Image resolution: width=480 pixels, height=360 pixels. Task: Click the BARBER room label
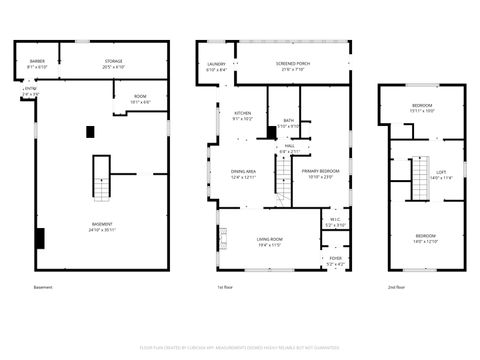coord(37,61)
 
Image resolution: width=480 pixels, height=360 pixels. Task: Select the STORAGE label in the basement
coord(113,61)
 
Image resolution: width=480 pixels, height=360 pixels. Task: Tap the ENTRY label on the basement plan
coord(30,89)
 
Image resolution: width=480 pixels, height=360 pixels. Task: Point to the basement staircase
coord(101,178)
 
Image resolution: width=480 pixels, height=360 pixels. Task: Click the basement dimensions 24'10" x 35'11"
coord(102,230)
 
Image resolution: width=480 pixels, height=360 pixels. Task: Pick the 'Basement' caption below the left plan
coord(42,287)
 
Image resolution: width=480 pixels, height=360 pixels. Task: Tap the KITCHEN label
coord(242,113)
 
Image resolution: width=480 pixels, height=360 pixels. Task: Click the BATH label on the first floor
coord(288,121)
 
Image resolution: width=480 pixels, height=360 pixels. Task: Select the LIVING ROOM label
coord(269,239)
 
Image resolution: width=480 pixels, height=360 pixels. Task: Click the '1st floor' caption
coord(226,287)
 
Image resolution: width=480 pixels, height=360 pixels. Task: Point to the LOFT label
coord(440,172)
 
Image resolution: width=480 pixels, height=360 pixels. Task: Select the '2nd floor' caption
coord(397,287)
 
